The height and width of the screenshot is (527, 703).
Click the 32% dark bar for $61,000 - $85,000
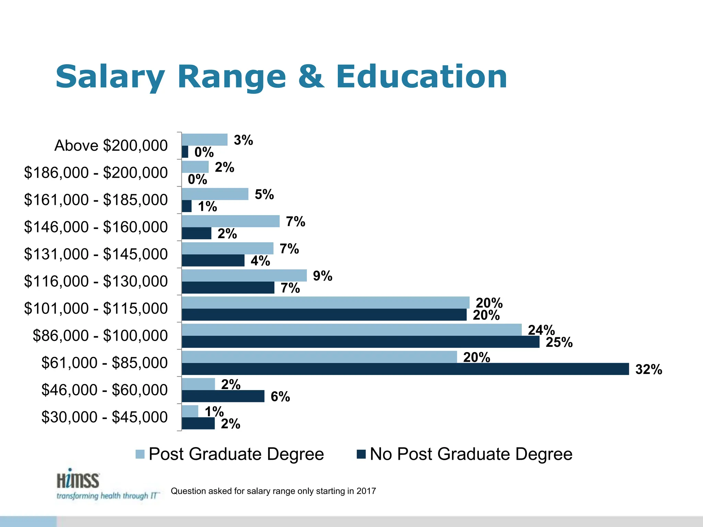(405, 369)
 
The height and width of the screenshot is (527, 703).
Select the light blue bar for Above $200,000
(205, 140)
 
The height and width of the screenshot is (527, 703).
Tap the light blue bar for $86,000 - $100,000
(351, 330)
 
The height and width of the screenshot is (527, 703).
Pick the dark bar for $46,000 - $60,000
(223, 396)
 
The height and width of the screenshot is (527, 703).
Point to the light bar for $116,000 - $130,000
(244, 276)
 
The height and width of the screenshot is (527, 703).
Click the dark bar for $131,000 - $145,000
(213, 260)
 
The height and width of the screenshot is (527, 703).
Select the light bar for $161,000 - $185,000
(215, 194)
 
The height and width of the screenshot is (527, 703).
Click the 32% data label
(648, 370)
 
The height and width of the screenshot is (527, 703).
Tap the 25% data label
(559, 342)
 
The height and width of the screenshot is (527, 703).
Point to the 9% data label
(322, 276)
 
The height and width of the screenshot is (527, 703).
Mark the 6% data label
(280, 397)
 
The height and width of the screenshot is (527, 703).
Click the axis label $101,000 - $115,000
(96, 308)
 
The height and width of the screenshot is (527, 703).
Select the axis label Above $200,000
(111, 145)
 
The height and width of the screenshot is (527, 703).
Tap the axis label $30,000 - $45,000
(104, 417)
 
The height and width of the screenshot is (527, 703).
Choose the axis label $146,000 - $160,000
(96, 227)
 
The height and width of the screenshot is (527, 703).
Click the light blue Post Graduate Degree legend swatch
(140, 454)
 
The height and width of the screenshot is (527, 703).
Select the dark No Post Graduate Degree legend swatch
(361, 454)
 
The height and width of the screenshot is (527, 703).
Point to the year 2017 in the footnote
(366, 491)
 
